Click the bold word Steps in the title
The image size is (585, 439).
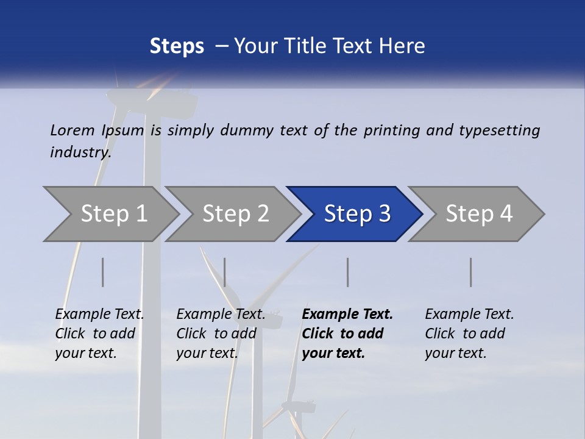pos(177,46)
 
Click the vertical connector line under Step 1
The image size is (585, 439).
pos(103,272)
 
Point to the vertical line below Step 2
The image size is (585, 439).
pos(225,272)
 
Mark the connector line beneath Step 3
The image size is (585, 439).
pos(348,272)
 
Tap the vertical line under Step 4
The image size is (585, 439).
pos(471,272)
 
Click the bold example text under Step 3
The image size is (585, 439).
pos(347,334)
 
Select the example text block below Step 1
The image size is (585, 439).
pos(99,334)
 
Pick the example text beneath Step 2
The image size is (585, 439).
pos(221,334)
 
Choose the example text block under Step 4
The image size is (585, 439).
pos(469,334)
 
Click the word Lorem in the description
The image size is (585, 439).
pos(73,130)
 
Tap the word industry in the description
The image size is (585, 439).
pos(80,152)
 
